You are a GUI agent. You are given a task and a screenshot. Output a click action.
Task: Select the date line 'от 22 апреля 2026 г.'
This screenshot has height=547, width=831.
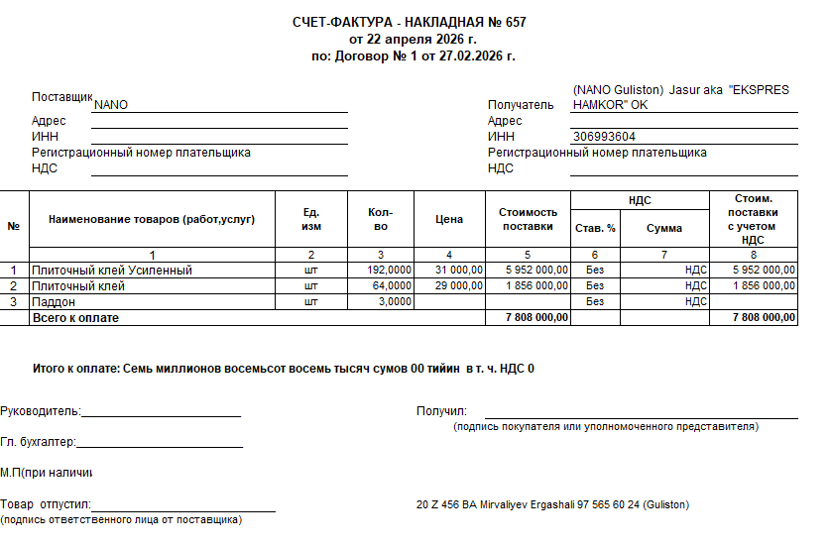click(x=413, y=39)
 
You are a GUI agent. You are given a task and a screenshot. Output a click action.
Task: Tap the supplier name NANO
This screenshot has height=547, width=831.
click(x=111, y=104)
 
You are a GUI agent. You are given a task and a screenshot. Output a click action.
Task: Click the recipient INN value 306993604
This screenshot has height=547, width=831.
click(x=605, y=137)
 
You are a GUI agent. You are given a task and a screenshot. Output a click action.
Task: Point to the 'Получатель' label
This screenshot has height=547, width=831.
click(x=521, y=104)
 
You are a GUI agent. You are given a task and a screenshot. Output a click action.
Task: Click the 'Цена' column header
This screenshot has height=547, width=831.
click(x=449, y=219)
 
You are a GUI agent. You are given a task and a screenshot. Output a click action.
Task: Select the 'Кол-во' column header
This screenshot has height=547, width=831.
click(x=380, y=219)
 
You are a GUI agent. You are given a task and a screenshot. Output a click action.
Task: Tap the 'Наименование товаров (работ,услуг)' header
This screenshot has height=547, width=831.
click(x=152, y=219)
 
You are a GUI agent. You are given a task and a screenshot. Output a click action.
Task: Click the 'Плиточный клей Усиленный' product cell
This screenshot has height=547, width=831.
click(x=111, y=270)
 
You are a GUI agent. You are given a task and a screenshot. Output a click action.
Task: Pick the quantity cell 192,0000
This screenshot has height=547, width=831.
click(x=389, y=270)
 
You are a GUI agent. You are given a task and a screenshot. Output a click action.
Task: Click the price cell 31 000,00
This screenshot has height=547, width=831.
click(x=459, y=270)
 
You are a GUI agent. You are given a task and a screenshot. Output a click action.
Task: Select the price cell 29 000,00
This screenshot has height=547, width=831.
click(x=459, y=285)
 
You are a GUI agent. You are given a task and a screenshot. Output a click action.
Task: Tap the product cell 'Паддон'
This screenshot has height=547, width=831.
click(x=54, y=301)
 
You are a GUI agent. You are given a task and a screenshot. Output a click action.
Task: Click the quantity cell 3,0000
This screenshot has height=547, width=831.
click(x=395, y=301)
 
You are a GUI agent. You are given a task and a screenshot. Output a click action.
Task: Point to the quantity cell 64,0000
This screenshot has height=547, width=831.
click(x=392, y=285)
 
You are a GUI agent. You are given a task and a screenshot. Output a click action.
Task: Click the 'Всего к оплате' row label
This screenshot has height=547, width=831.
click(x=75, y=317)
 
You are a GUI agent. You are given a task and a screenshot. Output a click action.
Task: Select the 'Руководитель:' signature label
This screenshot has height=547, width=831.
click(x=41, y=411)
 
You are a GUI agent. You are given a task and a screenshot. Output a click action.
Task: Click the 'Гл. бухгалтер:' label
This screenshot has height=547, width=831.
click(x=39, y=442)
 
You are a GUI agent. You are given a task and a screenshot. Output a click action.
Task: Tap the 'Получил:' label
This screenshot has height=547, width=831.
click(x=441, y=411)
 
